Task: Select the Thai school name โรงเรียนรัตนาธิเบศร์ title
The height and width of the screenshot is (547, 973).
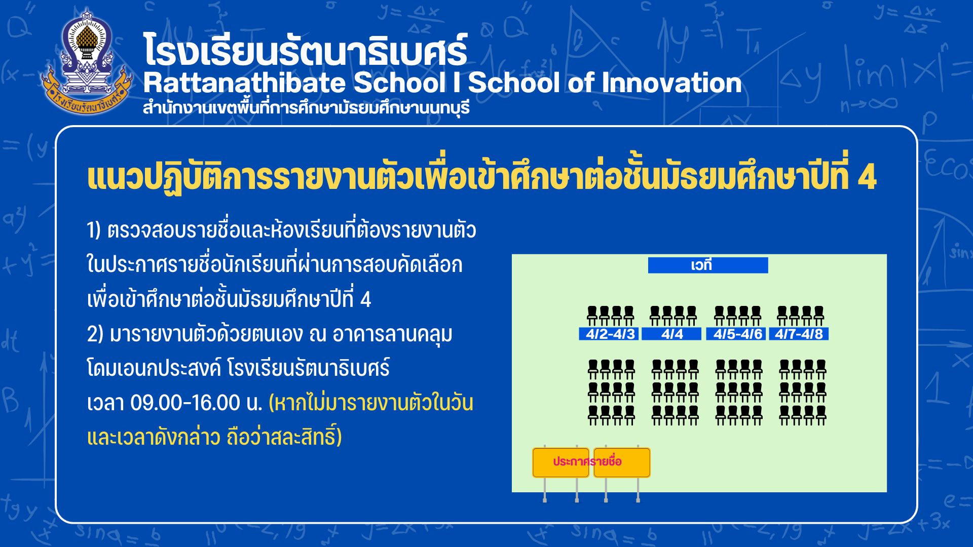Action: click(305, 50)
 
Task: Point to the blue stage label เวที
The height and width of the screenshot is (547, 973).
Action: click(708, 265)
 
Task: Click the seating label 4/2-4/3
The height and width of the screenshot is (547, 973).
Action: click(609, 334)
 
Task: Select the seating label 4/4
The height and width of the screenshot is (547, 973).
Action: click(672, 334)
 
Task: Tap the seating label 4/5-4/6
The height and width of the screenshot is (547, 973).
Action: click(736, 334)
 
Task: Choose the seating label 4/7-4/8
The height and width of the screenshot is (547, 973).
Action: click(799, 334)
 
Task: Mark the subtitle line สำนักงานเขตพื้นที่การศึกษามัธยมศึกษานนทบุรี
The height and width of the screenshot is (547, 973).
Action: click(307, 108)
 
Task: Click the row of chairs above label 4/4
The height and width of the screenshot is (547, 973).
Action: click(673, 316)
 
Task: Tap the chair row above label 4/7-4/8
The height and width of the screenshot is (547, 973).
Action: click(801, 316)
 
